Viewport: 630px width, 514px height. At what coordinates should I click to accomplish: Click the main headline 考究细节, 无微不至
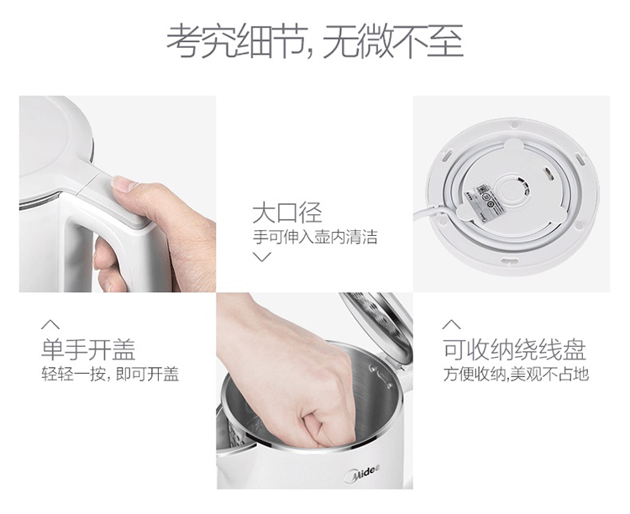(x=315, y=41)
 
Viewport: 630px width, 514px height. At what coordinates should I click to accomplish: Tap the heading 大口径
(x=287, y=213)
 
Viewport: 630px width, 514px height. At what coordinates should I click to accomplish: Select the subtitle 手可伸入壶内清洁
(x=315, y=237)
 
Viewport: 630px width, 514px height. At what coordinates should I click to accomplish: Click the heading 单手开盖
(x=88, y=349)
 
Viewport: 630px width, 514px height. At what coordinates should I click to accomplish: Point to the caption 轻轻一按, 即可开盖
(x=110, y=374)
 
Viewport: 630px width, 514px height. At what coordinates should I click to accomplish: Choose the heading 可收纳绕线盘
(x=515, y=349)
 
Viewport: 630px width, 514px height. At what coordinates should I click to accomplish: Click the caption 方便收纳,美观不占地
(x=516, y=374)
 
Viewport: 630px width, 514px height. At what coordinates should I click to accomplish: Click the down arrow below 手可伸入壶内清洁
(x=262, y=256)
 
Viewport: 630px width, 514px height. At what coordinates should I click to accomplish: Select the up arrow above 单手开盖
(x=50, y=324)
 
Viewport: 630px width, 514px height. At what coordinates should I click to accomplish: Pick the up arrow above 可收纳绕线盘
(x=452, y=324)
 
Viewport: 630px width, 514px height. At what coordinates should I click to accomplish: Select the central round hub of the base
(x=510, y=193)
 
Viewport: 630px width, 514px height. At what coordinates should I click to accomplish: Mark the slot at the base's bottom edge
(x=509, y=262)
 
